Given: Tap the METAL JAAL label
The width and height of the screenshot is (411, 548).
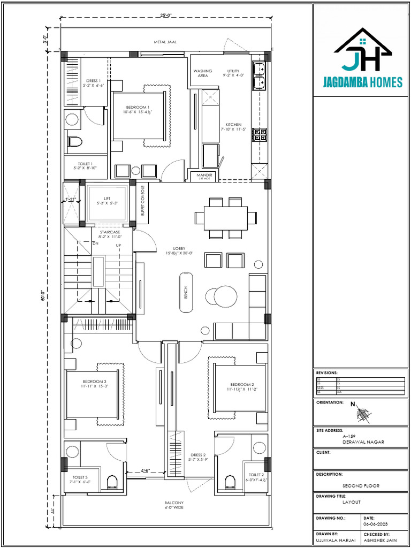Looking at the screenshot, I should (165, 41).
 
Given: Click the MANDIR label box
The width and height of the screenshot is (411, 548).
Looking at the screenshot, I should (204, 176).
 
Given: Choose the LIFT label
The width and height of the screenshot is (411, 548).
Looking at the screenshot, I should (107, 201).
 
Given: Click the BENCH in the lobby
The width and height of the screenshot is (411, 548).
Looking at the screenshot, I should (186, 292).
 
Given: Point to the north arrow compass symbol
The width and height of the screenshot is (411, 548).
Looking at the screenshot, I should (362, 413).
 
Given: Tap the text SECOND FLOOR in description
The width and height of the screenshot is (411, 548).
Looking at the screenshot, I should (361, 486).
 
